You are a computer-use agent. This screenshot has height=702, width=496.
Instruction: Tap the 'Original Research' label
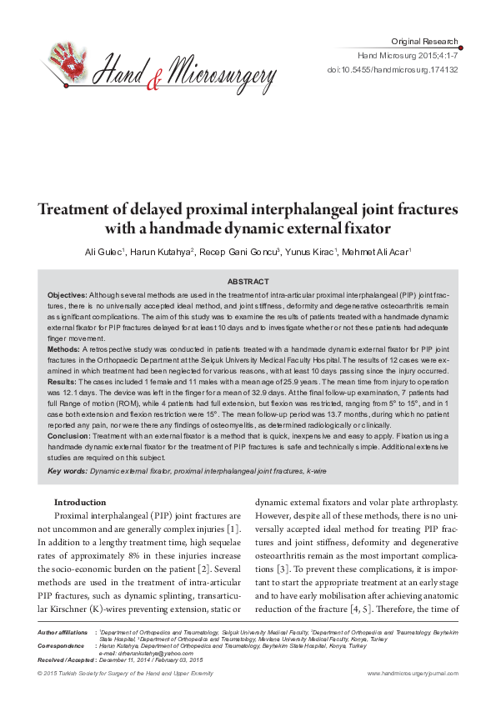pyautogui.click(x=424, y=41)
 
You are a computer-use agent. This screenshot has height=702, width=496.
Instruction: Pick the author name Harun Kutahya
pyautogui.click(x=160, y=251)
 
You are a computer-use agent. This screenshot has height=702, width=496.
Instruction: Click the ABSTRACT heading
pyautogui.click(x=248, y=282)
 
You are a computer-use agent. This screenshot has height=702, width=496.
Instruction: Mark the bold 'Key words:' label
pyautogui.click(x=68, y=472)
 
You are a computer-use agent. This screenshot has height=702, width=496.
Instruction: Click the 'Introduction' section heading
pyautogui.click(x=80, y=503)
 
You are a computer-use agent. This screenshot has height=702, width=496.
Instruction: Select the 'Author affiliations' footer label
pyautogui.click(x=62, y=634)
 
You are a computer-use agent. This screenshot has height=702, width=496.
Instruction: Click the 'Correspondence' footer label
pyautogui.click(x=61, y=645)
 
